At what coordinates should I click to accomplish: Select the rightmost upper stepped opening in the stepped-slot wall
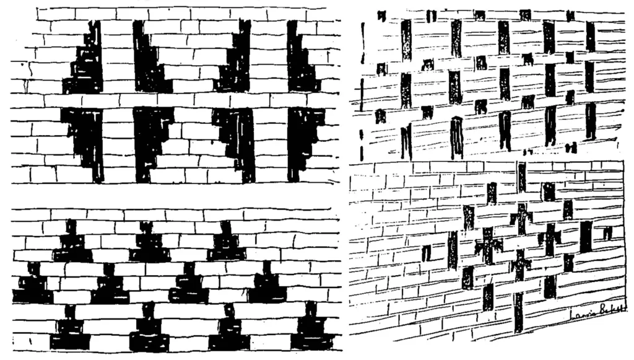pyautogui.click(x=300, y=62)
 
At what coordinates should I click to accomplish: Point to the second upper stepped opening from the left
pyautogui.click(x=147, y=62)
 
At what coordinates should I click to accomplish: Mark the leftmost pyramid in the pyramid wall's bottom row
pyautogui.click(x=70, y=331)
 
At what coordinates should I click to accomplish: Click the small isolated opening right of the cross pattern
pyautogui.click(x=607, y=233)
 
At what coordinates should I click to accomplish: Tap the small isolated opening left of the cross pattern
pyautogui.click(x=426, y=253)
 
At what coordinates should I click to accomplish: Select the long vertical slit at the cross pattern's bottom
pyautogui.click(x=518, y=310)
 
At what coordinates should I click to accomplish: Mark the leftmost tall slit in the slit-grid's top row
pyautogui.click(x=406, y=40)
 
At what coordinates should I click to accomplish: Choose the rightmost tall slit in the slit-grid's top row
pyautogui.click(x=590, y=37)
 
